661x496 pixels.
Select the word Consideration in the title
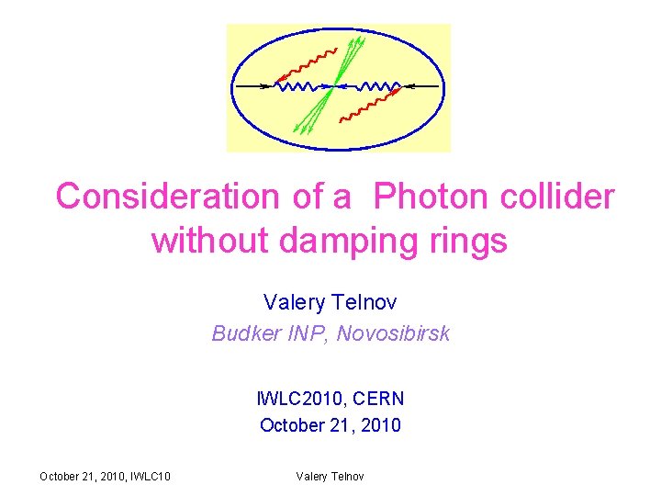pos(166,196)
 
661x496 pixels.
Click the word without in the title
pos(209,242)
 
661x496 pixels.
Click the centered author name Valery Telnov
pos(330,301)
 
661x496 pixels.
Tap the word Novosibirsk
pos(393,333)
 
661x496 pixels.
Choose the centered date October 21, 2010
pos(330,425)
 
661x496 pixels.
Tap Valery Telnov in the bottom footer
pos(330,476)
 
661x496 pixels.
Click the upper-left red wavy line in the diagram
pos(308,65)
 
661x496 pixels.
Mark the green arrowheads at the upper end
pos(356,43)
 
